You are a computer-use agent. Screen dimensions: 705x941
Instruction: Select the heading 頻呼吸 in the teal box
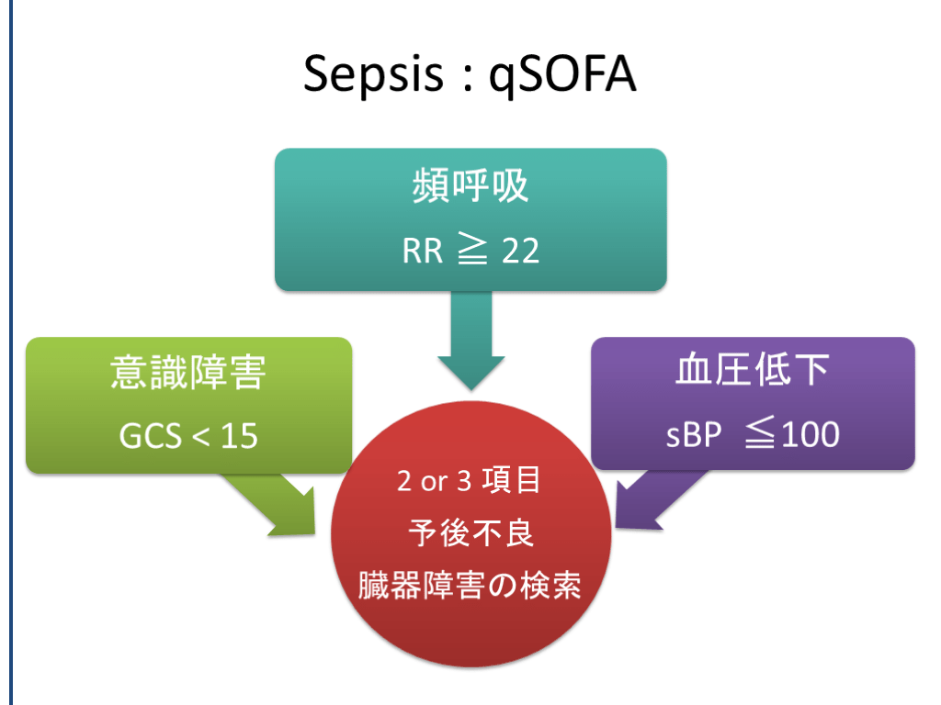(470, 187)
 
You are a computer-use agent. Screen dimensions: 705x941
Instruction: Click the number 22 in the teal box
(520, 251)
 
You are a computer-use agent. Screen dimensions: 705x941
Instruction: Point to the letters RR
(423, 251)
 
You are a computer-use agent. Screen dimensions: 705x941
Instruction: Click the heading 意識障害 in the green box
(188, 372)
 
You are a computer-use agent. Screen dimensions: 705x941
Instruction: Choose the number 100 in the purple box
(805, 434)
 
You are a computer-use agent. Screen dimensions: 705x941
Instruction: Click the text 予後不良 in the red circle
(470, 533)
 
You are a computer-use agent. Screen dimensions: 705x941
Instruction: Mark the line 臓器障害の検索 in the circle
(470, 586)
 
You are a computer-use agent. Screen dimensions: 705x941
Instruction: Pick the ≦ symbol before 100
(752, 434)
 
